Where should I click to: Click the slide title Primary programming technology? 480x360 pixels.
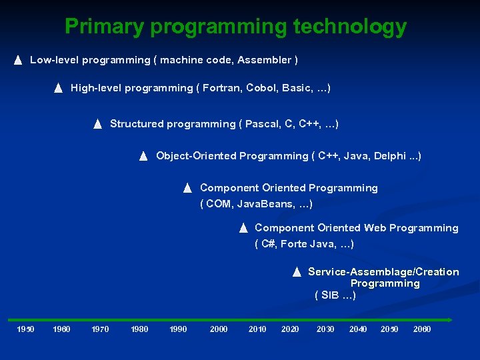click(235, 27)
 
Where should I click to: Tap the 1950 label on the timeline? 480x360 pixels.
click(25, 329)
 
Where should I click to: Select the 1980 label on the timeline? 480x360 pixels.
click(139, 329)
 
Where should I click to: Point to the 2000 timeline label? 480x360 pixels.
click(219, 329)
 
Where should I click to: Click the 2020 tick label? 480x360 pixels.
click(290, 329)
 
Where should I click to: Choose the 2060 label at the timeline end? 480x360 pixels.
click(422, 329)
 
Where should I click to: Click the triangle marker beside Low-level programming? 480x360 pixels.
click(18, 61)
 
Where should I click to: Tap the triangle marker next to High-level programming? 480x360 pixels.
click(58, 88)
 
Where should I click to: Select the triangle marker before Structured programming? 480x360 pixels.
click(97, 124)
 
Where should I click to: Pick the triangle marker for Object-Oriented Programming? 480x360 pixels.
click(143, 157)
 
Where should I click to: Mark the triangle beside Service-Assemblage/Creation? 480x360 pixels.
click(297, 272)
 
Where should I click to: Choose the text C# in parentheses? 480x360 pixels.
click(268, 244)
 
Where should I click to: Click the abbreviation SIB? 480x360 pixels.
click(330, 295)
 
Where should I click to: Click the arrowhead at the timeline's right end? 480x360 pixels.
click(450, 319)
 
